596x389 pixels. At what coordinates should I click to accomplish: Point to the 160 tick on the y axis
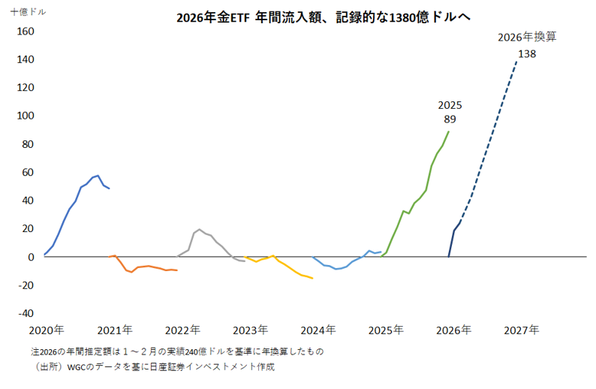point(26,32)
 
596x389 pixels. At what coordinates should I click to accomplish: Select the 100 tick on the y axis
point(26,116)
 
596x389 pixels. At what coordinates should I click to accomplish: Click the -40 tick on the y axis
point(26,313)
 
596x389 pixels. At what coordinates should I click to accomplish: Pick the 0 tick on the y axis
point(31,257)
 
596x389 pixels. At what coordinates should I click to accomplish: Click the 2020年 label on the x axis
point(47,330)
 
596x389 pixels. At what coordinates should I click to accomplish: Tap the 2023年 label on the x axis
point(250,330)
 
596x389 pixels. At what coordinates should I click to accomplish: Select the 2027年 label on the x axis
point(521,330)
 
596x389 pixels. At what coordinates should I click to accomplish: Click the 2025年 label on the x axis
point(386,330)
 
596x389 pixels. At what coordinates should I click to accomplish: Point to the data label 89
point(450,119)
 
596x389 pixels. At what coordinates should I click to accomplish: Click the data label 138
point(526,53)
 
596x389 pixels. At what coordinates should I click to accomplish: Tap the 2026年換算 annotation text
point(528,36)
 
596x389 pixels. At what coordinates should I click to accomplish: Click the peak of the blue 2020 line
point(98,175)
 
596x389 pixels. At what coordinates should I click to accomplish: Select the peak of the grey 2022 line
point(199,230)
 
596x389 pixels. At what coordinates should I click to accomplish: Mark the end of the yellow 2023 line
point(312,279)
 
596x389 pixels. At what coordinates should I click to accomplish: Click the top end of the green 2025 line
point(449,131)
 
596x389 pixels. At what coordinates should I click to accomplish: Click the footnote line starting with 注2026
point(177,351)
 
